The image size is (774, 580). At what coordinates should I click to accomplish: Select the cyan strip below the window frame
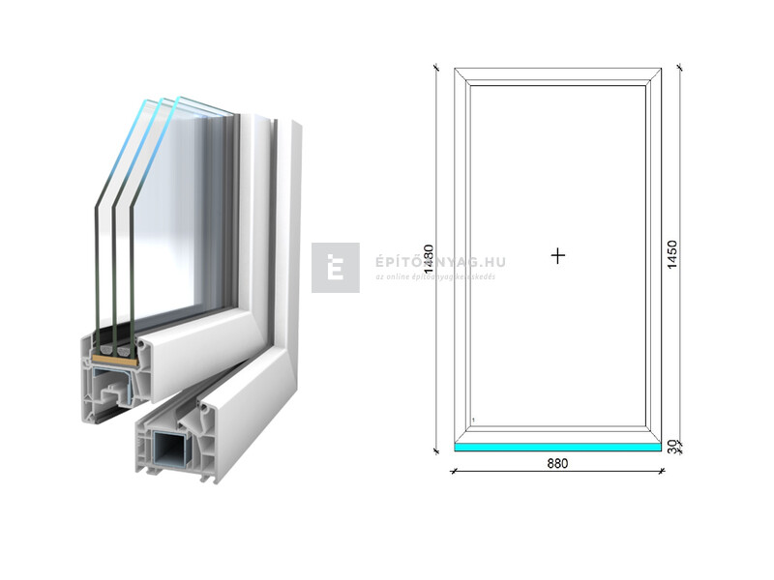pyautogui.click(x=557, y=448)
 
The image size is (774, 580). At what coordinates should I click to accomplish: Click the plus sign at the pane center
pyautogui.click(x=557, y=256)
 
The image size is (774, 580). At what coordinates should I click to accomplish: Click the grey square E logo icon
pyautogui.click(x=335, y=268)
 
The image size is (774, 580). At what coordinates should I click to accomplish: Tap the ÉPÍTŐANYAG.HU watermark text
pyautogui.click(x=440, y=262)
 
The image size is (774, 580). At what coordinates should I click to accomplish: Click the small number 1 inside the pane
pyautogui.click(x=473, y=420)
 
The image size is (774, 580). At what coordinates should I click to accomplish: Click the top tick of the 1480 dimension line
pyautogui.click(x=436, y=68)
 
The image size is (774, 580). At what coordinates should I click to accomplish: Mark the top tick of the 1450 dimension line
pyautogui.click(x=681, y=68)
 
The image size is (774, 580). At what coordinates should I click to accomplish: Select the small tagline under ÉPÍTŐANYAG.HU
pyautogui.click(x=435, y=276)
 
